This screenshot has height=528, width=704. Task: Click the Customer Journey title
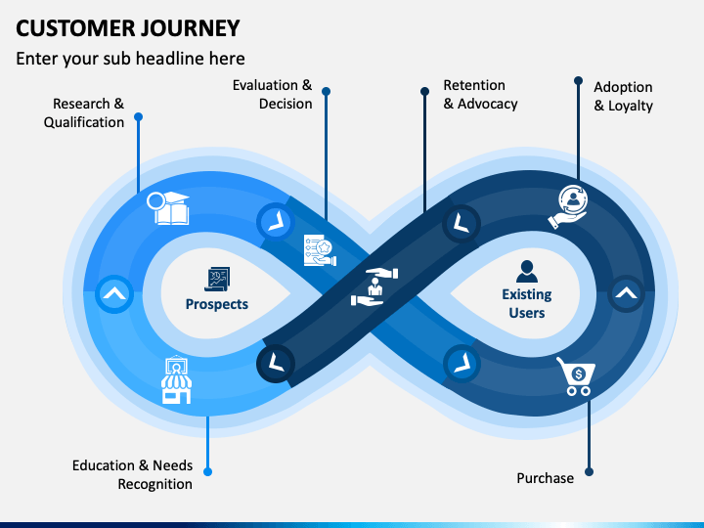[x=128, y=28]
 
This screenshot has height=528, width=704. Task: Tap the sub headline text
[x=130, y=59]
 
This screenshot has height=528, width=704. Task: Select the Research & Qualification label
[x=84, y=112]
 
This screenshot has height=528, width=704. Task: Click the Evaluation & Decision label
[x=272, y=94]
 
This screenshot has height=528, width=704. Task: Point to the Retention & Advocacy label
[x=480, y=94]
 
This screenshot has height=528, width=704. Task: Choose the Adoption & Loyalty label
[x=623, y=96]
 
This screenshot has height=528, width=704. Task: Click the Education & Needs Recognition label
[x=132, y=474]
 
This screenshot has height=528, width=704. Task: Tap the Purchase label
[x=545, y=478]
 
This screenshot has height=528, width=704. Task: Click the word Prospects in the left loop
[x=217, y=304]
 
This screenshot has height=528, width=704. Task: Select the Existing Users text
[x=527, y=303]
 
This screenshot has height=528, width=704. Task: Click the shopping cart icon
[x=576, y=376]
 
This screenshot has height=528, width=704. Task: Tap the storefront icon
[x=176, y=379]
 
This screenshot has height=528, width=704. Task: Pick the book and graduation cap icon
[x=168, y=208]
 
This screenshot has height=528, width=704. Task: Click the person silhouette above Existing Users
[x=527, y=271]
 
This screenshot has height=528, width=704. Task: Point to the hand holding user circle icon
[x=568, y=207]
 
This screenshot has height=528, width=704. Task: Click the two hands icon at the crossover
[x=374, y=287]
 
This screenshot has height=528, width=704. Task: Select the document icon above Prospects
[x=217, y=279]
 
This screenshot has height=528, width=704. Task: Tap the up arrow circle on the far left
[x=114, y=294]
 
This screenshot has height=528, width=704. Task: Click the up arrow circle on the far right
[x=627, y=294]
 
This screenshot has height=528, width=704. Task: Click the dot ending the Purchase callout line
[x=589, y=472]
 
